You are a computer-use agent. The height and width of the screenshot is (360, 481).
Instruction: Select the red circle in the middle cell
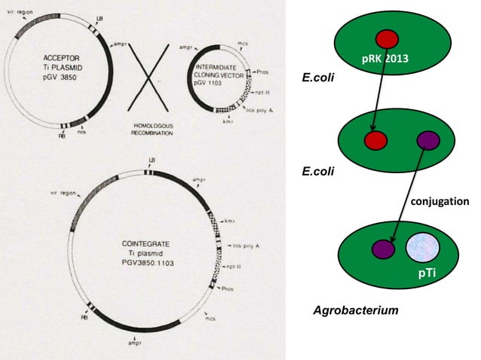pyautogui.click(x=375, y=140)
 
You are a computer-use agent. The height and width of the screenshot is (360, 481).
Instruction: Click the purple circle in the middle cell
pyautogui.click(x=428, y=140)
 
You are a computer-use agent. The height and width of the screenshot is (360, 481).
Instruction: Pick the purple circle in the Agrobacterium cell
pyautogui.click(x=383, y=249)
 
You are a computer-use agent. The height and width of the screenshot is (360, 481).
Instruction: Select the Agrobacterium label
pyautogui.click(x=355, y=310)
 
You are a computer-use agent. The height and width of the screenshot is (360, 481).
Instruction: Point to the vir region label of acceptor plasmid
pyautogui.click(x=19, y=11)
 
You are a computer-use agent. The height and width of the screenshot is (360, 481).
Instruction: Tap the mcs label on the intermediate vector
pyautogui.click(x=242, y=44)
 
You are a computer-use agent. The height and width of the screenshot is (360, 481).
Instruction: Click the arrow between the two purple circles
pyautogui.click(x=407, y=191)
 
